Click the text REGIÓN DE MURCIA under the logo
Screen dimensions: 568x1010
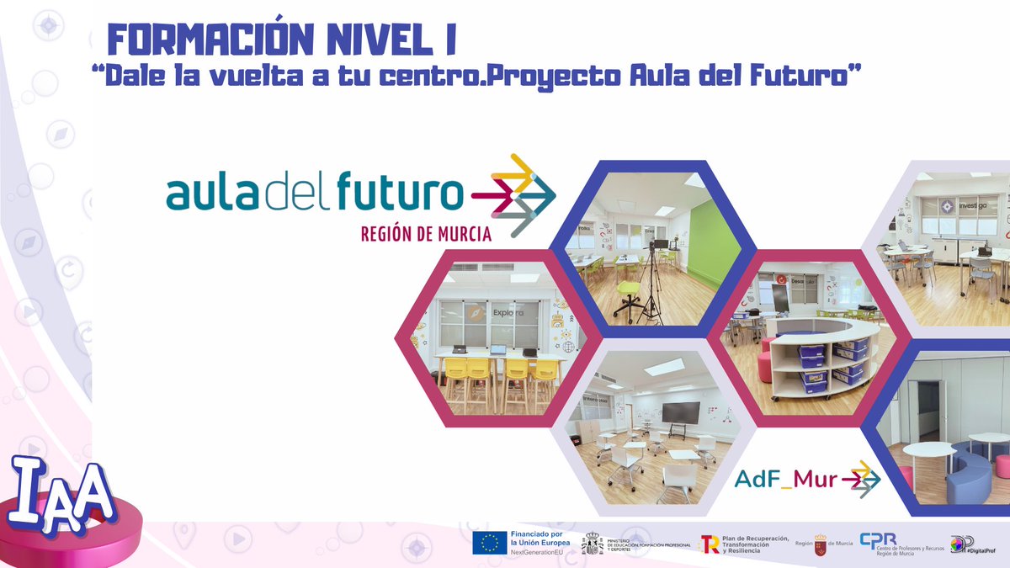pos(426,234)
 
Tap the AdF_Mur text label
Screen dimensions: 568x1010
pos(786,480)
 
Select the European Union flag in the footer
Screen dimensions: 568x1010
pos(489,544)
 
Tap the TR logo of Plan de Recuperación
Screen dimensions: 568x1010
pos(710,544)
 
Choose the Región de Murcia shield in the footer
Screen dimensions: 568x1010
pos(821,544)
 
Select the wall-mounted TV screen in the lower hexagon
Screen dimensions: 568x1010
pos(680,412)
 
